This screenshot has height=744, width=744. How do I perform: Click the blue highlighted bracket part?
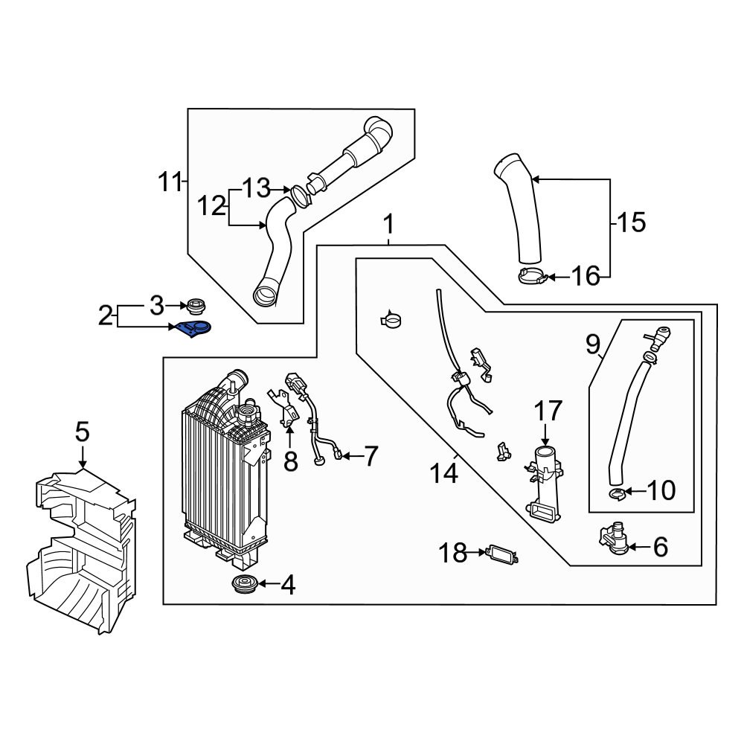(194, 330)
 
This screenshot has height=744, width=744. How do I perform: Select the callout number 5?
(82, 432)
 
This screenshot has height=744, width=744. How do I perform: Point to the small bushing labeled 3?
(196, 305)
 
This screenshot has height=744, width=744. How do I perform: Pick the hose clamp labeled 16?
(533, 278)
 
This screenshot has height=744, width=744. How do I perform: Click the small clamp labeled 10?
(617, 492)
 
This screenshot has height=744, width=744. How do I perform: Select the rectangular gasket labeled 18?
(499, 554)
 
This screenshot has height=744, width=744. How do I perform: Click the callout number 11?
(170, 182)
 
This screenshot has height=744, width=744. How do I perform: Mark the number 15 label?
(631, 222)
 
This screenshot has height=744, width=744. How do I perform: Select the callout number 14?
(444, 474)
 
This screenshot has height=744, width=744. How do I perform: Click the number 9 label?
(592, 344)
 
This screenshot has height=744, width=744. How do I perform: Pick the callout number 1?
(388, 224)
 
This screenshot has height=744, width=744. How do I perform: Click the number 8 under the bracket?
(290, 461)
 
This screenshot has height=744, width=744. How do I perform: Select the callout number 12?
(211, 205)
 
